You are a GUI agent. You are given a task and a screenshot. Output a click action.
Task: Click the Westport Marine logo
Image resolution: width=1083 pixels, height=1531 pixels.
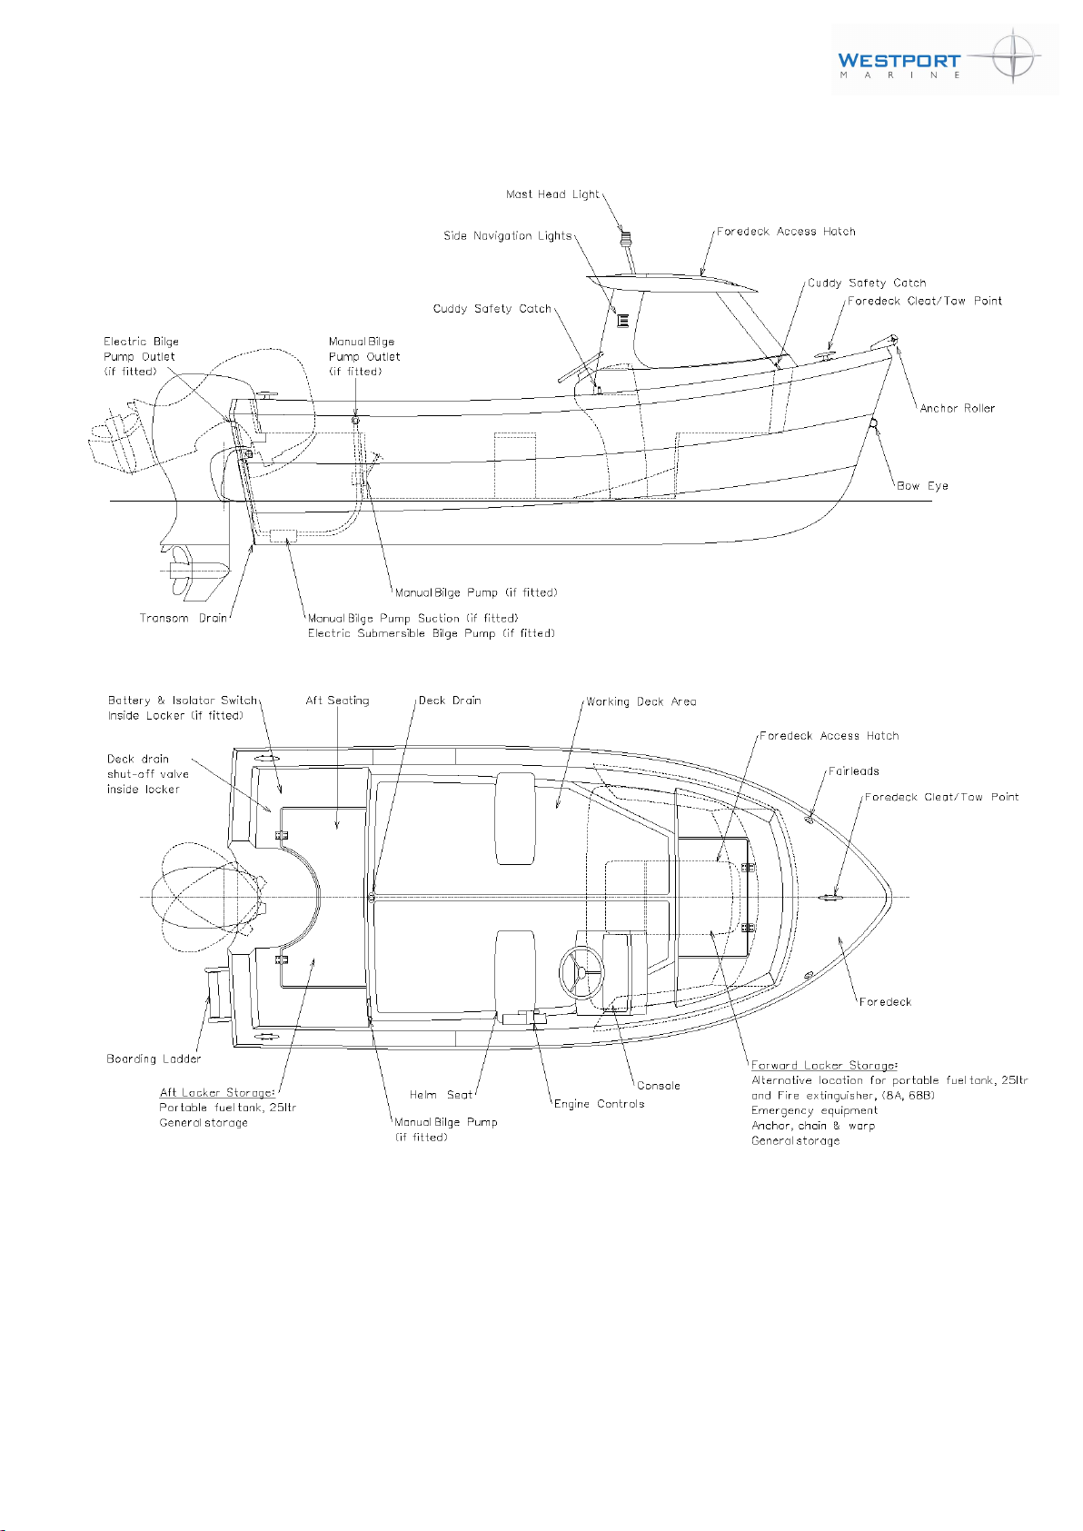[x=944, y=59]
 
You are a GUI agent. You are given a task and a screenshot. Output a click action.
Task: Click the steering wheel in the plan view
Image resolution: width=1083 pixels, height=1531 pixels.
[x=581, y=971]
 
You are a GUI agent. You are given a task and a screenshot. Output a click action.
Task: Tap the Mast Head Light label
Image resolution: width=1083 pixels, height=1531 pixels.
[x=552, y=194]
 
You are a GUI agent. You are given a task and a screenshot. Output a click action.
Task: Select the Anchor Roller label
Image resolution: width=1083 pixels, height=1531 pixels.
[x=957, y=408]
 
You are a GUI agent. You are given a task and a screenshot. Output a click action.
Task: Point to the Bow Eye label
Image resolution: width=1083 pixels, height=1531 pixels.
[x=922, y=485]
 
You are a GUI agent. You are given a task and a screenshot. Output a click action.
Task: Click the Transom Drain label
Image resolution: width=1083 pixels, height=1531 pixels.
[x=184, y=618]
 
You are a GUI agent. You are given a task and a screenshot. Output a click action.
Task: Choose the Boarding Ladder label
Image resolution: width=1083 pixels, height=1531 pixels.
[x=154, y=1059]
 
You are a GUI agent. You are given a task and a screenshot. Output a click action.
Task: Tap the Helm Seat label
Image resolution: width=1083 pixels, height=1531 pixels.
[x=441, y=1094]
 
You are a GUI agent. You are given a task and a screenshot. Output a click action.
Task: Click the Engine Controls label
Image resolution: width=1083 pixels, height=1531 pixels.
[x=600, y=1104]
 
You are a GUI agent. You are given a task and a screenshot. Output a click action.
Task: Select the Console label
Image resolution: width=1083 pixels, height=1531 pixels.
[x=659, y=1086]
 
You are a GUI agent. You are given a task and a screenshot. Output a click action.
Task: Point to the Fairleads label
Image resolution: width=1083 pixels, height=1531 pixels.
[x=853, y=771]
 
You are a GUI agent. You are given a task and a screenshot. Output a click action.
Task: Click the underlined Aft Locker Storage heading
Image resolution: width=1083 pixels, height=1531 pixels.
[x=217, y=1093]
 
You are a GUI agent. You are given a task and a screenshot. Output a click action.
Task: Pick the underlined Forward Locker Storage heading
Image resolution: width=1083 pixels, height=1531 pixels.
[x=824, y=1066]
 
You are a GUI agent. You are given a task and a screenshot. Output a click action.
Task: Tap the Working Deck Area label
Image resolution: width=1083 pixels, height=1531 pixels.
[x=641, y=702]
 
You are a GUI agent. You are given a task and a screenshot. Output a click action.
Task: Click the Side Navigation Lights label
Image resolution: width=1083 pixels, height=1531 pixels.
[x=507, y=236]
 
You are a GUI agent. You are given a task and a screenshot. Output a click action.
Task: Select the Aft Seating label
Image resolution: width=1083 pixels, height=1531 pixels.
[x=337, y=701]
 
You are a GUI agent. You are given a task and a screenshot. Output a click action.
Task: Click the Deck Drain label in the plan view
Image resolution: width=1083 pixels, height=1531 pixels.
[x=450, y=701]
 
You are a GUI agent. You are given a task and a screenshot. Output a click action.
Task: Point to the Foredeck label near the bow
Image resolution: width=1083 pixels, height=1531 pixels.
[x=886, y=1002]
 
